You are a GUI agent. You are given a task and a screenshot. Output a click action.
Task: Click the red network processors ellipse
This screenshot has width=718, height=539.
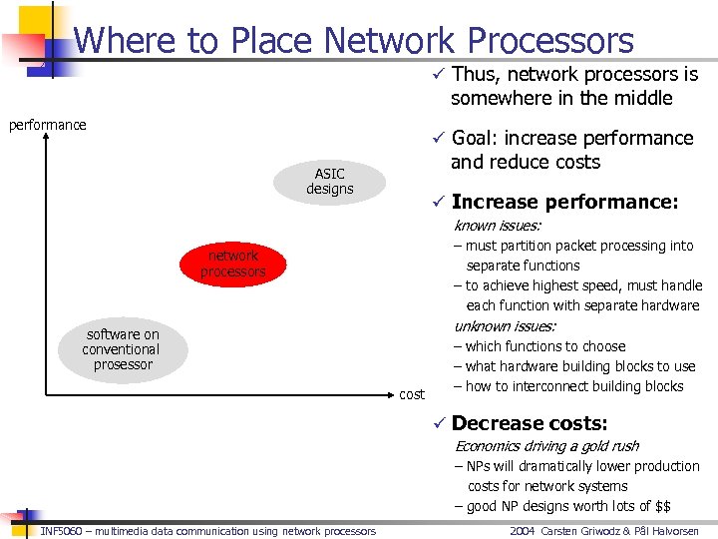(233, 264)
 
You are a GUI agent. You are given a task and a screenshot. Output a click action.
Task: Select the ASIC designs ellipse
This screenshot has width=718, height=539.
(329, 181)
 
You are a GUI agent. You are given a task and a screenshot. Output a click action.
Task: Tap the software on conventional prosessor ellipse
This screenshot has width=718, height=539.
(123, 349)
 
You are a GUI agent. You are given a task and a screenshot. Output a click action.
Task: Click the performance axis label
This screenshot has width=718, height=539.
(47, 125)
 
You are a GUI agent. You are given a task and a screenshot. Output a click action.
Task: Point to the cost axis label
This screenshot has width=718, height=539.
(412, 395)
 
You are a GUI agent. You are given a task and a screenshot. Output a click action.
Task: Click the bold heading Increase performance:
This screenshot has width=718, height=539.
(564, 202)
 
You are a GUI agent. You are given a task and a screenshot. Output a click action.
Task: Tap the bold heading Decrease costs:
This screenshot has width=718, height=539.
(529, 423)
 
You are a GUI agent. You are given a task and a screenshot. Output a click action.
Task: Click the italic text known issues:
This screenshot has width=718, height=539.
(497, 226)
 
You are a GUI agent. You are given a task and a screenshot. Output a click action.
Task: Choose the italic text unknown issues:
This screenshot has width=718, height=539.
(505, 325)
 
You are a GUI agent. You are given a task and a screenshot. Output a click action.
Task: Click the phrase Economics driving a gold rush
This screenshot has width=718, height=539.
(546, 446)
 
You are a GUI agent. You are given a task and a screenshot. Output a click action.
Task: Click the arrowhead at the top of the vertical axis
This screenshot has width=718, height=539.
(46, 140)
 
